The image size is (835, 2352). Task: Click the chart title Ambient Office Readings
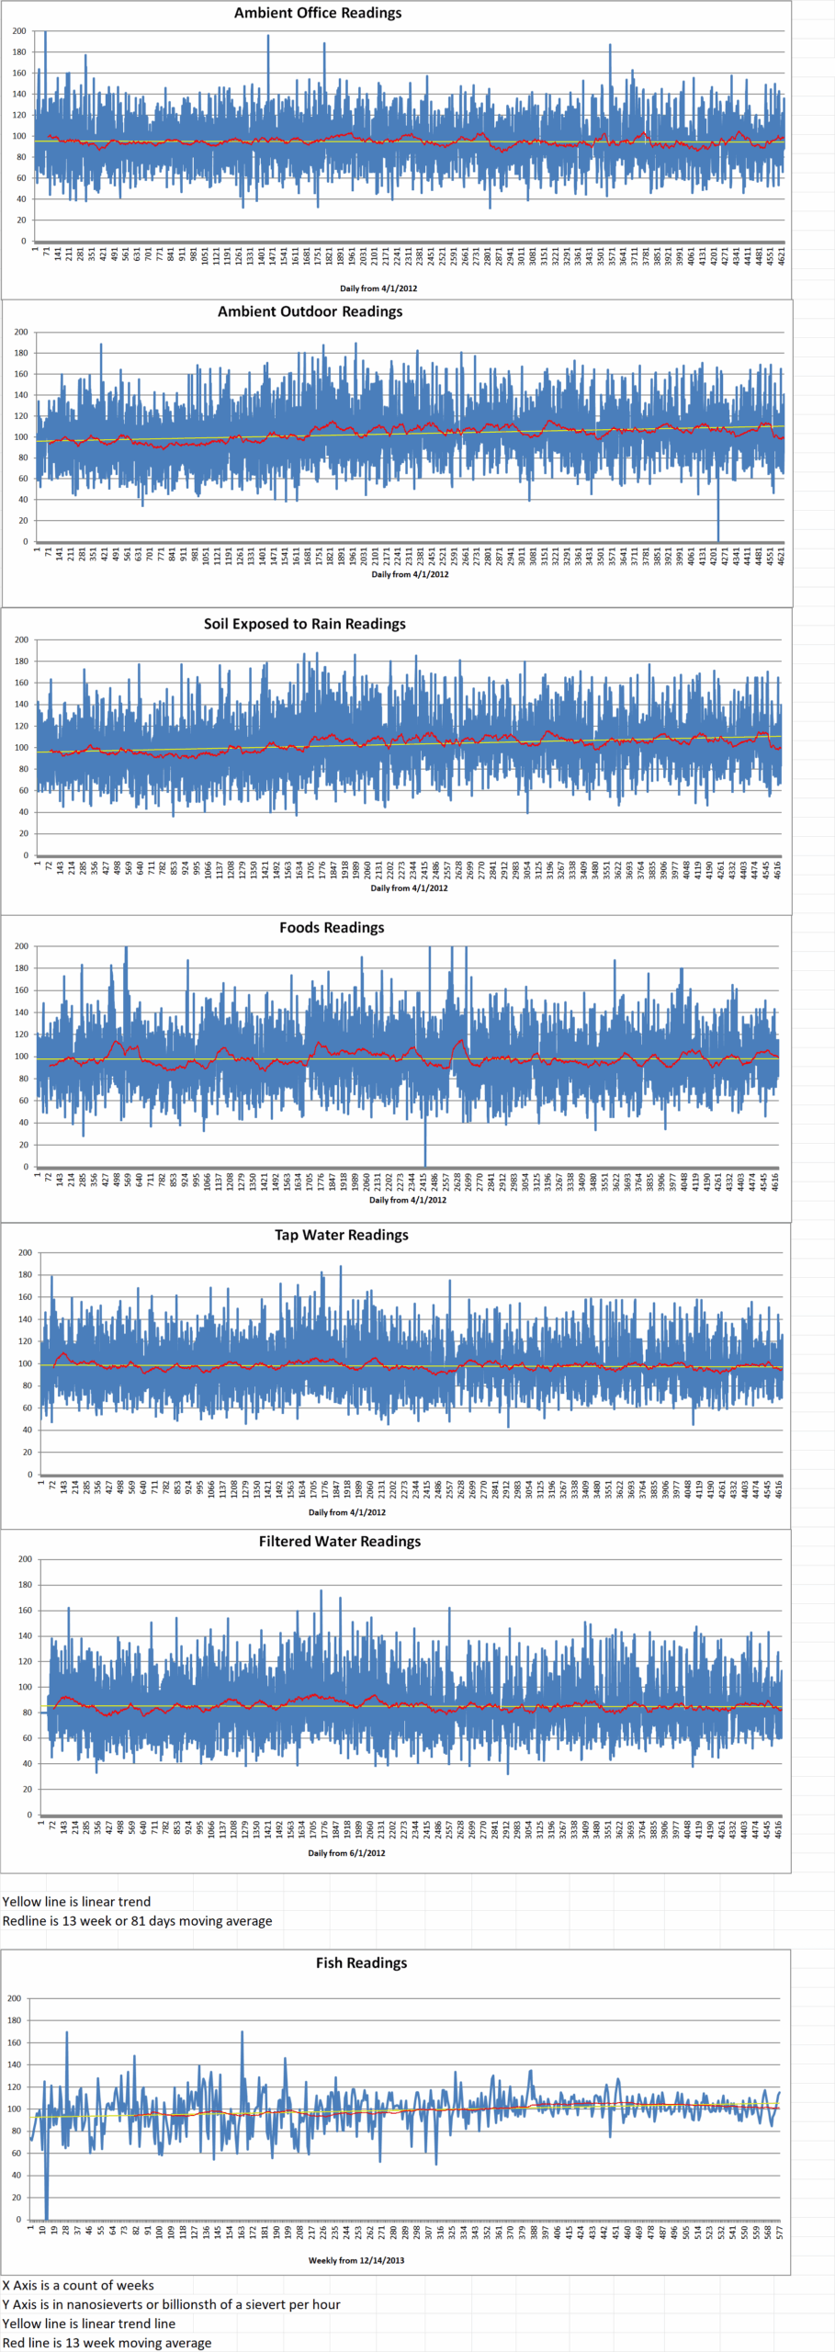tap(317, 13)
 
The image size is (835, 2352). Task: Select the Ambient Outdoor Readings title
tap(310, 311)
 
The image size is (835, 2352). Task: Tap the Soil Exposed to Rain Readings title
tap(304, 624)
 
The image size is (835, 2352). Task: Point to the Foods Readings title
tap(332, 928)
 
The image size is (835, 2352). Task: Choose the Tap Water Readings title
tap(341, 1235)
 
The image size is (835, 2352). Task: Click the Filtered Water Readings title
tap(339, 1541)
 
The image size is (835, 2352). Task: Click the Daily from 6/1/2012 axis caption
tap(346, 1853)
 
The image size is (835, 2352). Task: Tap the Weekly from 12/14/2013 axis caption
tap(355, 2260)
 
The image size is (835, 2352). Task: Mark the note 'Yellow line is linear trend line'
tap(88, 2324)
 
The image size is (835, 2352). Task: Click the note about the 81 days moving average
tap(137, 1921)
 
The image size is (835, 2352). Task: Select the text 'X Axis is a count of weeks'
tap(78, 2285)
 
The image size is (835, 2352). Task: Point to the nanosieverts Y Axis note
tap(171, 2304)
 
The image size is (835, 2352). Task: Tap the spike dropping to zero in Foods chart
tap(425, 1163)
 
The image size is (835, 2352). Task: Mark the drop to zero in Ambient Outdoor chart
tap(718, 538)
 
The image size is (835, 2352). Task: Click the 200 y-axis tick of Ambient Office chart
tap(19, 31)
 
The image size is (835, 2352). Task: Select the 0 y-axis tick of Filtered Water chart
tap(28, 1815)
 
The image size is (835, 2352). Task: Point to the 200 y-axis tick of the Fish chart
tap(14, 1998)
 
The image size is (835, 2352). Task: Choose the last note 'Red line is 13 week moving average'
tap(107, 2343)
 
